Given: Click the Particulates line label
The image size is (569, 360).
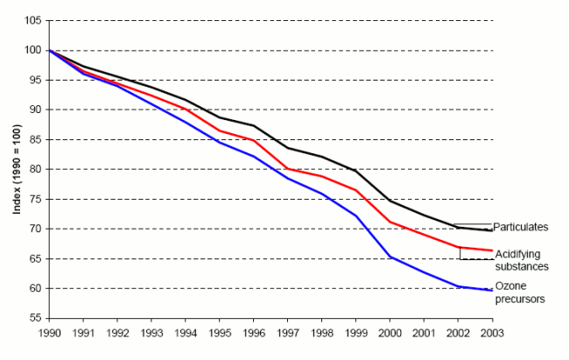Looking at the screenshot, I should point(520,227).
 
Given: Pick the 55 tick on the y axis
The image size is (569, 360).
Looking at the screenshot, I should point(33,318).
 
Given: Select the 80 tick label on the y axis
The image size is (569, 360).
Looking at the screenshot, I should point(33,169).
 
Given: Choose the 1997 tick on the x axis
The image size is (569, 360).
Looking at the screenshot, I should point(286,332).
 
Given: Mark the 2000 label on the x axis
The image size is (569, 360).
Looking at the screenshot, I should point(389,332).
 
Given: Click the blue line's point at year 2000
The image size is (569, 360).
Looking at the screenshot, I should point(389,257).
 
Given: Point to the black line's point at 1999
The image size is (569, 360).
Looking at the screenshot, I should point(355,171).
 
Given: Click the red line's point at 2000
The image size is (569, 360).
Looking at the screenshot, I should point(389,222).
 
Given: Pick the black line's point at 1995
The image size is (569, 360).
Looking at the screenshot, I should point(218,117).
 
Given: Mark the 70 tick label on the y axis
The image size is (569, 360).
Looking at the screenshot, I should point(33,229).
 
